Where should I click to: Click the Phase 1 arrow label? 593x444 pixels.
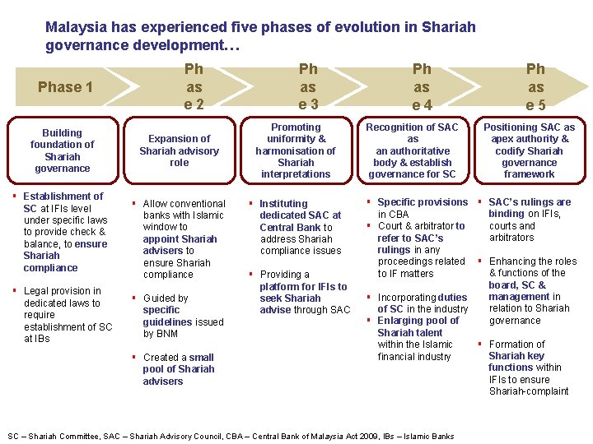point(65,87)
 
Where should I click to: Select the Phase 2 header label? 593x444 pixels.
point(194,86)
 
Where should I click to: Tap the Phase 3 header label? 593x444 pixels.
point(308,86)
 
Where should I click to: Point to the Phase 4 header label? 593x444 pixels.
point(422,86)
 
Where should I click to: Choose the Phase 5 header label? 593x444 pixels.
point(535,86)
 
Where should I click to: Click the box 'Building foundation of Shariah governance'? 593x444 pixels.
point(63,150)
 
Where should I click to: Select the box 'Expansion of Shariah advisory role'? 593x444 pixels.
point(179,150)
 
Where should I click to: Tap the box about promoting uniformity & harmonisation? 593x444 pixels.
point(296,150)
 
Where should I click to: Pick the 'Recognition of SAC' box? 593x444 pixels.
point(412,150)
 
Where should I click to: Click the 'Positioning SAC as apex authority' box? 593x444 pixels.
point(529,150)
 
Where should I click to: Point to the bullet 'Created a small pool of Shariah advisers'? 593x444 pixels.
point(177,369)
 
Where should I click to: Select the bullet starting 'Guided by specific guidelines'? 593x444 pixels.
point(181,316)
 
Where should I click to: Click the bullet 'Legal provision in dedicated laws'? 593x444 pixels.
point(66,314)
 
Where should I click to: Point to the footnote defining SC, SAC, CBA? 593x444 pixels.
point(231,436)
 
